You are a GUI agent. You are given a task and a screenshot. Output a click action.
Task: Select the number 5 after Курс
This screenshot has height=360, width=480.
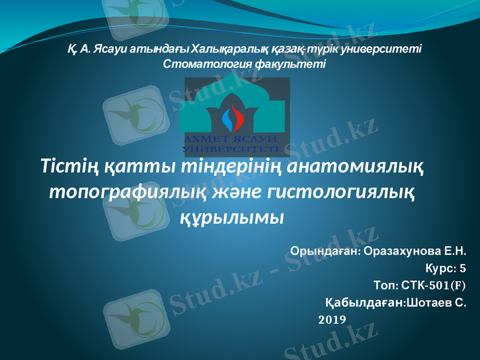coord(462,268)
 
